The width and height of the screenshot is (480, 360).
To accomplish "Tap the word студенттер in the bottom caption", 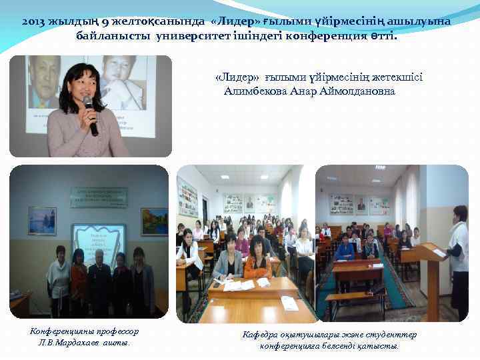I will tap(391, 335).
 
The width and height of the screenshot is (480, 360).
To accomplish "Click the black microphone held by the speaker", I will tap(91, 113).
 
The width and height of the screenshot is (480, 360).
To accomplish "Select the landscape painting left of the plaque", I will tap(42, 221).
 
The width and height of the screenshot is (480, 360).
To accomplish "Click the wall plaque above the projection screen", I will tap(99, 197).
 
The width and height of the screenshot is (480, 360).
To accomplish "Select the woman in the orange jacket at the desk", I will tap(257, 260).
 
